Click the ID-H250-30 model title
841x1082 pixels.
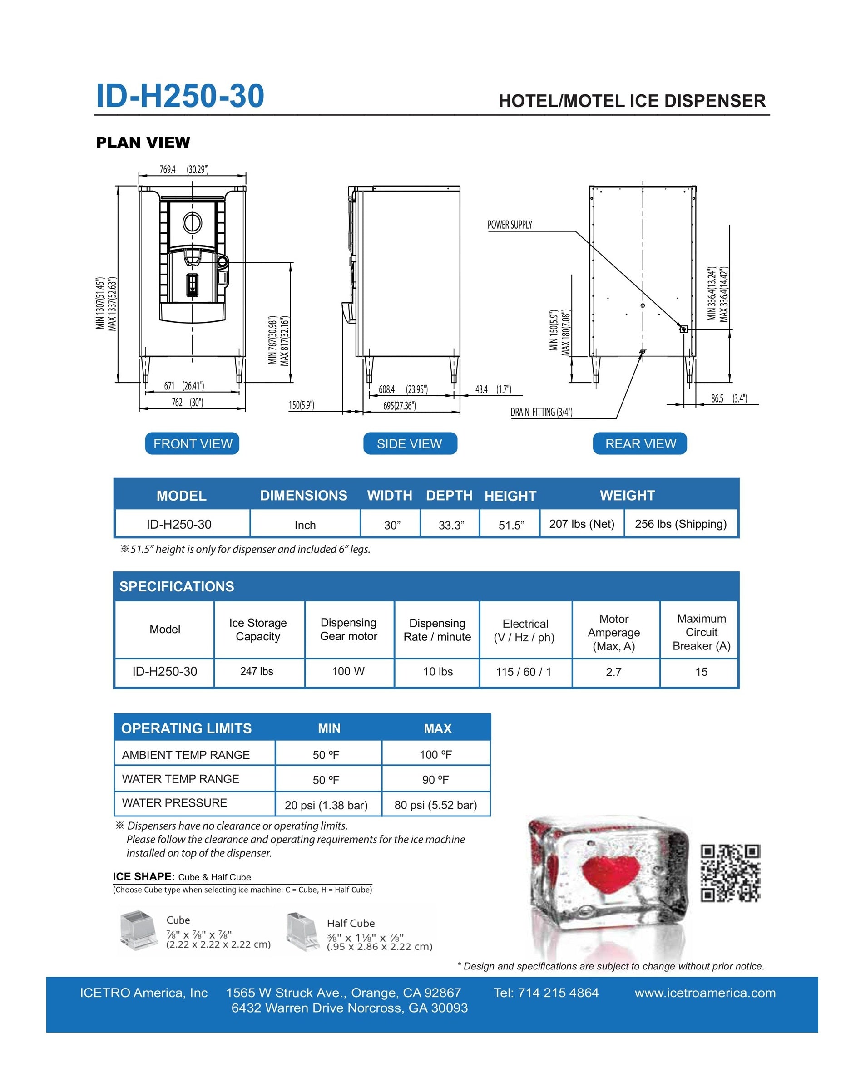tap(180, 96)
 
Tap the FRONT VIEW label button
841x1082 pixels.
tap(192, 443)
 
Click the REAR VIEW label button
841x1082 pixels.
tap(640, 443)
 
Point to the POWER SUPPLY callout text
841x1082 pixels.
tap(510, 225)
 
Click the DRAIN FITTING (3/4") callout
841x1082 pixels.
tap(541, 412)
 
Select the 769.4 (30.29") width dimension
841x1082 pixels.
tap(184, 170)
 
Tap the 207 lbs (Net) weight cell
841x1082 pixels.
tap(581, 524)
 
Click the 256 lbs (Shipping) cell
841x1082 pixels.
tap(680, 524)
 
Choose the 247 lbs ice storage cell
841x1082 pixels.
tap(257, 672)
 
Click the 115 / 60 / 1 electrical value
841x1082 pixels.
tap(524, 672)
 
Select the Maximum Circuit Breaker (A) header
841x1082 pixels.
tap(701, 632)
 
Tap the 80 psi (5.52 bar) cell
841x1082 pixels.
tap(435, 805)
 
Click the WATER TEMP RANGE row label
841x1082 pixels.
tap(180, 779)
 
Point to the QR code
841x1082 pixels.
tap(731, 873)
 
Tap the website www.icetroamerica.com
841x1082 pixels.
tap(705, 993)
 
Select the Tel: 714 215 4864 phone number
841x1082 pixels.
tap(546, 993)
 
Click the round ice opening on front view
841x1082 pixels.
tap(192, 223)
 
